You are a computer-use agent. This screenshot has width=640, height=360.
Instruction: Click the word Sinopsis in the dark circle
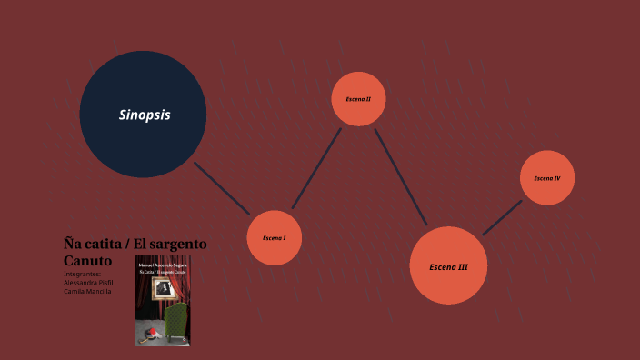pos(145,115)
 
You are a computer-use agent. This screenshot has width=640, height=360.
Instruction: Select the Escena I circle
pos(274,238)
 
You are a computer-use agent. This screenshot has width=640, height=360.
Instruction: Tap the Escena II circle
pos(358,98)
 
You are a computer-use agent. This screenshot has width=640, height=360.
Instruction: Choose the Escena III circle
pos(449,265)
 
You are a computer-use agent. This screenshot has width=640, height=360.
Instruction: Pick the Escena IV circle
pos(546,177)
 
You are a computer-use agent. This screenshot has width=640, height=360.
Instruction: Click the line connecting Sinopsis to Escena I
pos(222,188)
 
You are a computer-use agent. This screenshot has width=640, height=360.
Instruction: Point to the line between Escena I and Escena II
pos(315,169)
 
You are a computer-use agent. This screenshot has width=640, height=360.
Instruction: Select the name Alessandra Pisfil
pos(88,282)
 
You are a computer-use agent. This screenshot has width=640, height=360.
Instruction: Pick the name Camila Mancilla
pos(87,291)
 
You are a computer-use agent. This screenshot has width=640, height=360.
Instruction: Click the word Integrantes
pos(83,273)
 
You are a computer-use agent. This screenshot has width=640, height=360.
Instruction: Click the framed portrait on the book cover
pos(163,288)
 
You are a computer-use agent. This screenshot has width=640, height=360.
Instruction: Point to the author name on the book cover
pos(163,264)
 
